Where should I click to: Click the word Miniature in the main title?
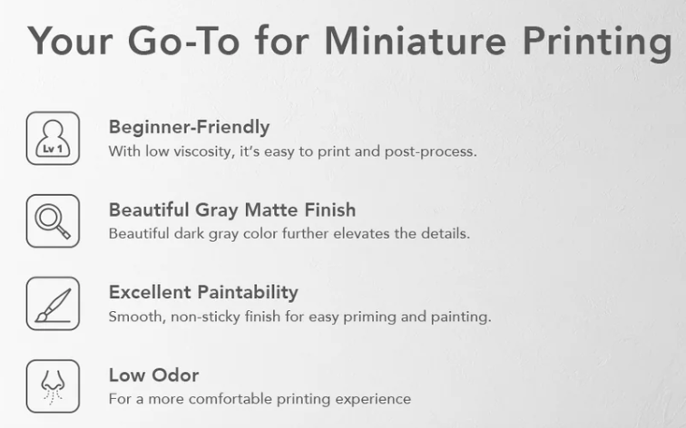(415, 41)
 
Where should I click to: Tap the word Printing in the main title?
(597, 44)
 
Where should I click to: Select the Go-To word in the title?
(183, 41)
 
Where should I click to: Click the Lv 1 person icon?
(53, 138)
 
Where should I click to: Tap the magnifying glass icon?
(53, 220)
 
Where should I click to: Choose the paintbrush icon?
(53, 304)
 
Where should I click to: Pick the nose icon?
(53, 386)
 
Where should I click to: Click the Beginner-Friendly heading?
(189, 127)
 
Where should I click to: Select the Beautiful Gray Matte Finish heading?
(232, 209)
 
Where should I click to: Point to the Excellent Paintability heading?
(203, 293)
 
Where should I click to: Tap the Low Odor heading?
(154, 375)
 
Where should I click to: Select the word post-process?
(430, 151)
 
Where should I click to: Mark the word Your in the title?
(70, 41)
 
